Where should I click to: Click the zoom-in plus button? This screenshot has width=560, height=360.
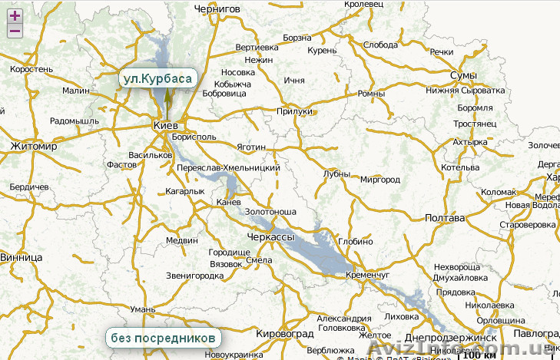(x=14, y=15)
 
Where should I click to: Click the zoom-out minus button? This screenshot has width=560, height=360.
(x=14, y=31)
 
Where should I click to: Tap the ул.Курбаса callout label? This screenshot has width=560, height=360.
(x=157, y=78)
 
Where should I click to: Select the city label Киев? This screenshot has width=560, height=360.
(x=166, y=124)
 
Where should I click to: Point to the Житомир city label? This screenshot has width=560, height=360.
(x=35, y=146)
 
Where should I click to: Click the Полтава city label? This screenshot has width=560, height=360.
(x=445, y=218)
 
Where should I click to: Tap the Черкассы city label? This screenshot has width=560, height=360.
(x=270, y=239)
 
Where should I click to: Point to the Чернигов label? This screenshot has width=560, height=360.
(x=217, y=8)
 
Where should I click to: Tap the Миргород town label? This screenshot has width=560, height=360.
(x=380, y=180)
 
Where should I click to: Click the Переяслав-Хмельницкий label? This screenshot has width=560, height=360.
(x=228, y=167)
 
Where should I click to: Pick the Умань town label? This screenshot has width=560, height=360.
(x=143, y=309)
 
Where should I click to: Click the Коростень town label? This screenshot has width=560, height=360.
(x=31, y=69)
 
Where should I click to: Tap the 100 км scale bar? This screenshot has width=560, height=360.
(x=479, y=354)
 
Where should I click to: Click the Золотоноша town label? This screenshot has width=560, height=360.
(x=270, y=211)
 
